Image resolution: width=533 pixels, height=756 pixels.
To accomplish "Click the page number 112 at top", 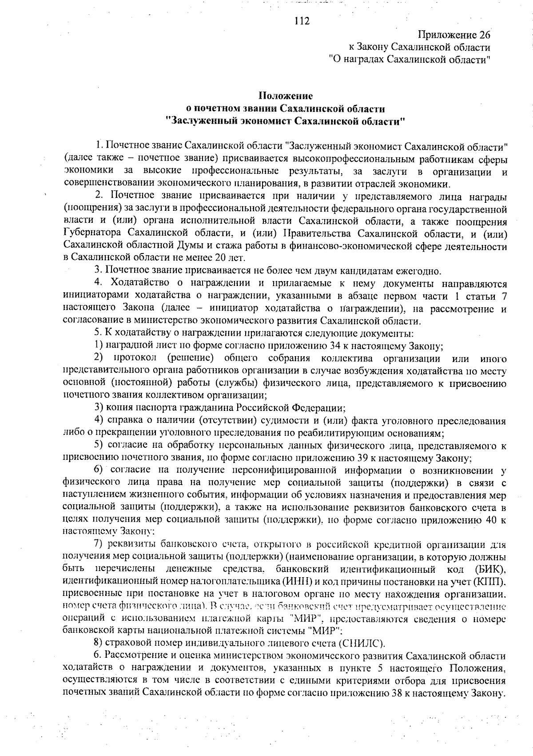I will (302, 21).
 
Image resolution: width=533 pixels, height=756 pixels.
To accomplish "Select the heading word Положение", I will (286, 96).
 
